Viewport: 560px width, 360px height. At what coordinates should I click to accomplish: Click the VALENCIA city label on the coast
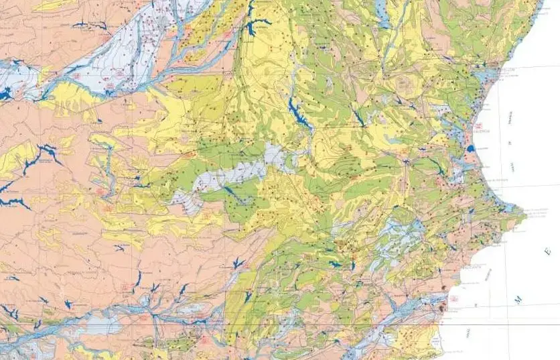click(482, 131)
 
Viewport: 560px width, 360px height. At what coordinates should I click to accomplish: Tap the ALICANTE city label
click(474, 267)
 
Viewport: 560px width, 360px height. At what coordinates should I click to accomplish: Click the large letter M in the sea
click(518, 301)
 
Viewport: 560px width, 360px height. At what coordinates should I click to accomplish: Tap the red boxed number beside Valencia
click(478, 125)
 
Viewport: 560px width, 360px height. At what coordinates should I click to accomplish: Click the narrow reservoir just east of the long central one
click(358, 118)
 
